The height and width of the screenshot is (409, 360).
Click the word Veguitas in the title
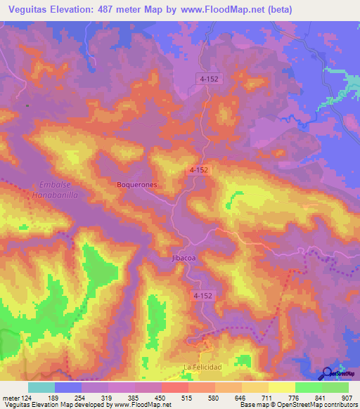[30, 10]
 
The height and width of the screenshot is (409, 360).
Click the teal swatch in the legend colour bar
[41, 387]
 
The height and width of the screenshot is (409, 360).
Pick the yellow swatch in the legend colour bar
[281, 387]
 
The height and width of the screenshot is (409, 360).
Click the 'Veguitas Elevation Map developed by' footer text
[56, 405]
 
